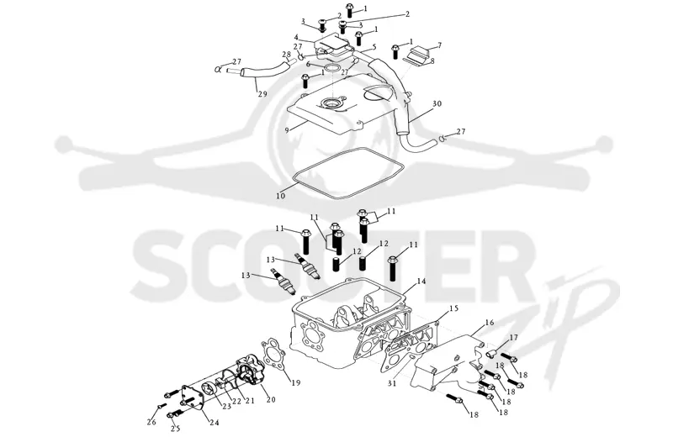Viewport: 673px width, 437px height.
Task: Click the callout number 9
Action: click(287, 129)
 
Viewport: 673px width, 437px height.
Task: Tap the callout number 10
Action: click(280, 196)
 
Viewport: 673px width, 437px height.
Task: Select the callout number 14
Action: click(421, 282)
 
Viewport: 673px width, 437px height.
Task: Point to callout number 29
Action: click(262, 93)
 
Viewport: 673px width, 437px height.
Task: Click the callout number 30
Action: click(437, 103)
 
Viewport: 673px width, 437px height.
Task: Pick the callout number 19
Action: click(296, 382)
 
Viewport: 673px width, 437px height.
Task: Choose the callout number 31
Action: click(392, 383)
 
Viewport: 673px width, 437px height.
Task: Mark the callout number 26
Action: click(151, 422)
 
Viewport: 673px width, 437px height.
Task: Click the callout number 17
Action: click(514, 338)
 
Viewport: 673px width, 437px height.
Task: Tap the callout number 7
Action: click(439, 45)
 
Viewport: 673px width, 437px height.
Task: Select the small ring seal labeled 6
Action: click(331, 68)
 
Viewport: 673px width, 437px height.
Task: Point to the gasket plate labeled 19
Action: click(273, 355)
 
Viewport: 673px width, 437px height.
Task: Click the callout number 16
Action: click(490, 323)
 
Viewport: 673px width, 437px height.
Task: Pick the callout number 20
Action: click(271, 400)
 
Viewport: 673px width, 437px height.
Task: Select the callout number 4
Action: click(296, 38)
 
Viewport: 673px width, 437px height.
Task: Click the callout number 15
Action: click(454, 308)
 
